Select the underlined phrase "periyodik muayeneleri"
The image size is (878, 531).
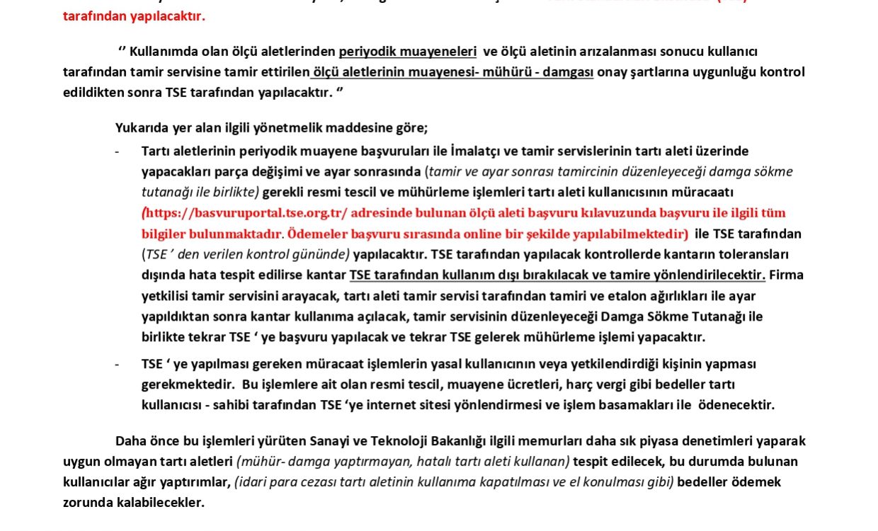(408, 52)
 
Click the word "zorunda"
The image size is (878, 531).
(87, 503)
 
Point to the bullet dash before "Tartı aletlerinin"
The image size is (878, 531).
(117, 152)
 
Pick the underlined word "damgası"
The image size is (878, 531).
(568, 72)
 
